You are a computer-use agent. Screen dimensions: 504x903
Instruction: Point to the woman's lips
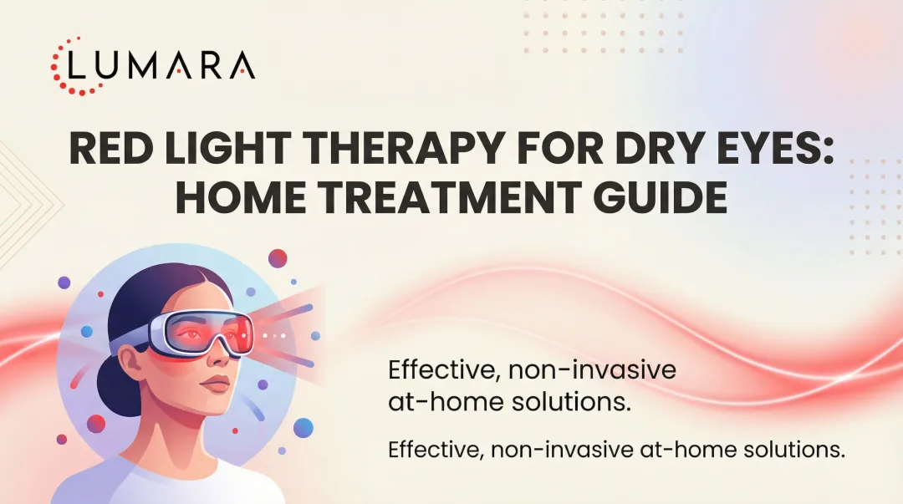coord(217,385)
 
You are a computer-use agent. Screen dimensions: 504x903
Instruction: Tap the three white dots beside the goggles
coord(275,334)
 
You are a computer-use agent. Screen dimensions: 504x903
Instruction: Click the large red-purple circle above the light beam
coord(278,258)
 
